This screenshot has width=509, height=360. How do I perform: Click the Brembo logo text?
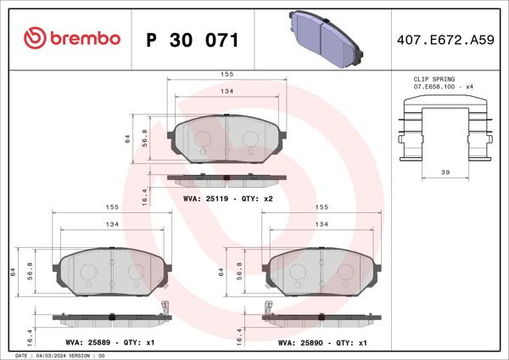(x=72, y=39)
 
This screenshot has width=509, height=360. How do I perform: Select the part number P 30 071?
(x=193, y=40)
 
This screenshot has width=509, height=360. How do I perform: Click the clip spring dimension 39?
(x=445, y=172)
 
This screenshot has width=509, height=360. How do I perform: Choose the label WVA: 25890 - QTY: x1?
(x=322, y=344)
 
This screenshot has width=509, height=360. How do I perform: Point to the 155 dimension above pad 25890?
(x=322, y=206)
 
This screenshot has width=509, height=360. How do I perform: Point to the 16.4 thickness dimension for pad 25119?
(x=144, y=196)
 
